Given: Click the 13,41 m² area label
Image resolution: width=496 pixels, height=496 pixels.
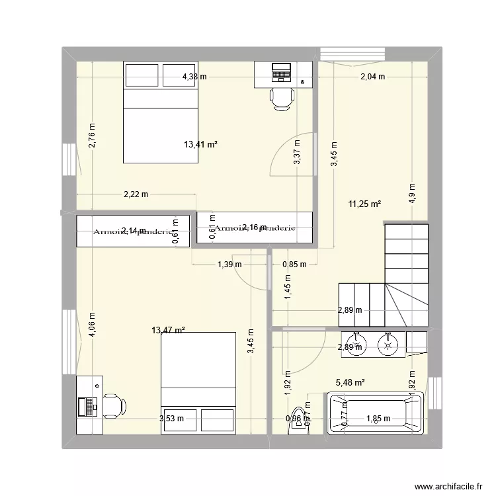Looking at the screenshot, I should coord(201,144).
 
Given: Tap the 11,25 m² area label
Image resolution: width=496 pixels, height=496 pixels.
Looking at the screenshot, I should coord(364,205).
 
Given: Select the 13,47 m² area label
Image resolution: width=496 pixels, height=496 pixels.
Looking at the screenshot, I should coord(168,330).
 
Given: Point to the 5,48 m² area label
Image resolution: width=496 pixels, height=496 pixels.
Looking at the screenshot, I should coord(351,382).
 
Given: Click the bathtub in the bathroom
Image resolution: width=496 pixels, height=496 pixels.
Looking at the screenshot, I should coord(375,414).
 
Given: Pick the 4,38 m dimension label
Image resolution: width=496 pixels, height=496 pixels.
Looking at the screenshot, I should coord(194,77).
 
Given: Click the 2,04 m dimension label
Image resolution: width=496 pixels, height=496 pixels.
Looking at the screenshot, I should coord(372,77).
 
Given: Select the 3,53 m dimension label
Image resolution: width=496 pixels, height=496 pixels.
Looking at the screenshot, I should coord(171,418).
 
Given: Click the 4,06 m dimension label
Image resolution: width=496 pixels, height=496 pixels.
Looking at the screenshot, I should coord(92,325).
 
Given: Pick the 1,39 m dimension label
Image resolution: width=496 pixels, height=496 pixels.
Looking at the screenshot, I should coord(229,265).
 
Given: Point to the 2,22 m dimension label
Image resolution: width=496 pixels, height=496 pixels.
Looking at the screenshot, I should coord(136,194).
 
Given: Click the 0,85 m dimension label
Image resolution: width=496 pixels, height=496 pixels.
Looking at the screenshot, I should coord(294,265).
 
